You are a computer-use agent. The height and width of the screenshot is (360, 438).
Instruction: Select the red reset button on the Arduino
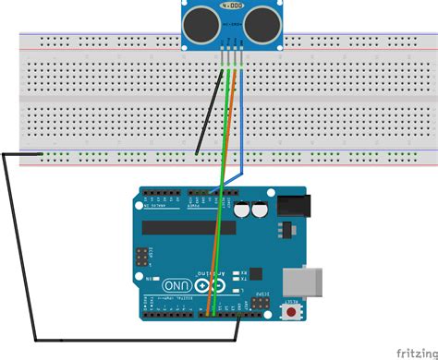[294, 312]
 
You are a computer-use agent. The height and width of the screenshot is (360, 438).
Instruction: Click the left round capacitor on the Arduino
[241, 210]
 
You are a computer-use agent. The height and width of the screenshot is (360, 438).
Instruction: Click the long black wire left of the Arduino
[18, 249]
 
